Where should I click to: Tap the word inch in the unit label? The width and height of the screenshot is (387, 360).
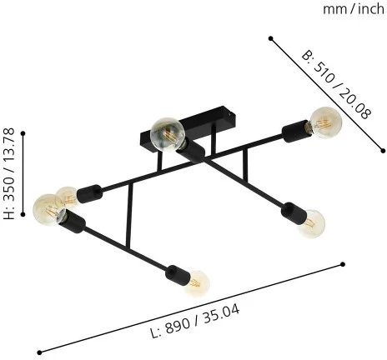(371, 9)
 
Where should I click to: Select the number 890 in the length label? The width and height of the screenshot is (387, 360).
(178, 324)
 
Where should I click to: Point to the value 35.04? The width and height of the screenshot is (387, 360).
(221, 313)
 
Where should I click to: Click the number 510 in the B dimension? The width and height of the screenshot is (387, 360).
(323, 72)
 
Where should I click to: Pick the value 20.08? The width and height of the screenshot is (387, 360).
(355, 104)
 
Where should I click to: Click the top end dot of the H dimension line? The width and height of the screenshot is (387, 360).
(23, 133)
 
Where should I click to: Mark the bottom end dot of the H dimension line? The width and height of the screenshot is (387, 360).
(23, 214)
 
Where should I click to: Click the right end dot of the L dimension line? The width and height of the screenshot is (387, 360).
(343, 264)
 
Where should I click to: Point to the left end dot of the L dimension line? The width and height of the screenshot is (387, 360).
(39, 352)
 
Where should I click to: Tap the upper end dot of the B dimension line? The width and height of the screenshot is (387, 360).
(270, 38)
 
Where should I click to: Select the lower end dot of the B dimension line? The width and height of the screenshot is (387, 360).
(383, 151)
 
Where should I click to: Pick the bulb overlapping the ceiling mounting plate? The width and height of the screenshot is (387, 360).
(167, 134)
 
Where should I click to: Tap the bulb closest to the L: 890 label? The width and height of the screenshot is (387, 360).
(197, 283)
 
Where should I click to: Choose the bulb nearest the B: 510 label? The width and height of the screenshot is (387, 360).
(326, 122)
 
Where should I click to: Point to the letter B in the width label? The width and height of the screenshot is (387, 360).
(306, 56)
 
